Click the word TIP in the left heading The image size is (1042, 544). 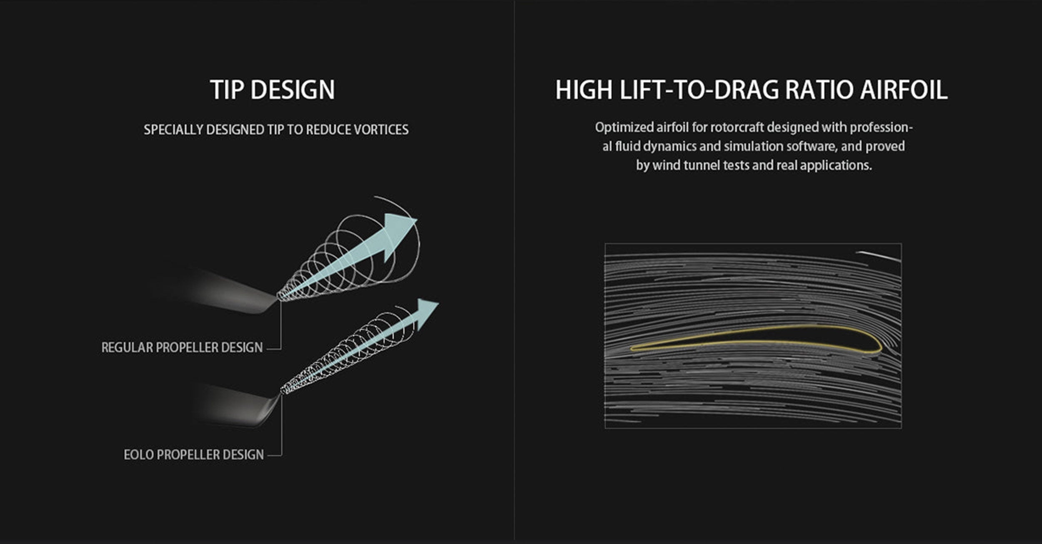tap(228, 90)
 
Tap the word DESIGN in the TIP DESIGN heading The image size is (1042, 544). tap(293, 90)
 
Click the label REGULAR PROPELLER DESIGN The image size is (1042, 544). tap(182, 347)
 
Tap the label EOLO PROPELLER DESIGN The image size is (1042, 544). tap(194, 454)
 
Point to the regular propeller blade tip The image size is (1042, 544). tap(276, 297)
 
